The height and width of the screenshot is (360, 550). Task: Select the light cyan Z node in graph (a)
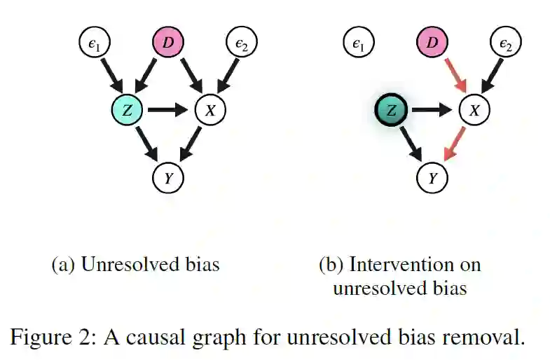[x=128, y=110]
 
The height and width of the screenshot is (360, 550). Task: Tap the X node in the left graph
[x=209, y=110]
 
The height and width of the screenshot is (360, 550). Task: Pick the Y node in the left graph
[x=168, y=178]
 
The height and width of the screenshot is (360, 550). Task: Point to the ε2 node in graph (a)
[x=242, y=44]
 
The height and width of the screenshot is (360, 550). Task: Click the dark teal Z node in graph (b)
[x=392, y=110]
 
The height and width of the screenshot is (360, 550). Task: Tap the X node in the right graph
[x=474, y=110]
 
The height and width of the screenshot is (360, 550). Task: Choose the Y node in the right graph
[x=433, y=178]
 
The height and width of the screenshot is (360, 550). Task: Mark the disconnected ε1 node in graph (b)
[x=358, y=44]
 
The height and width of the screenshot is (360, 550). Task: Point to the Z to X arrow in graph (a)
[x=168, y=110]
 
